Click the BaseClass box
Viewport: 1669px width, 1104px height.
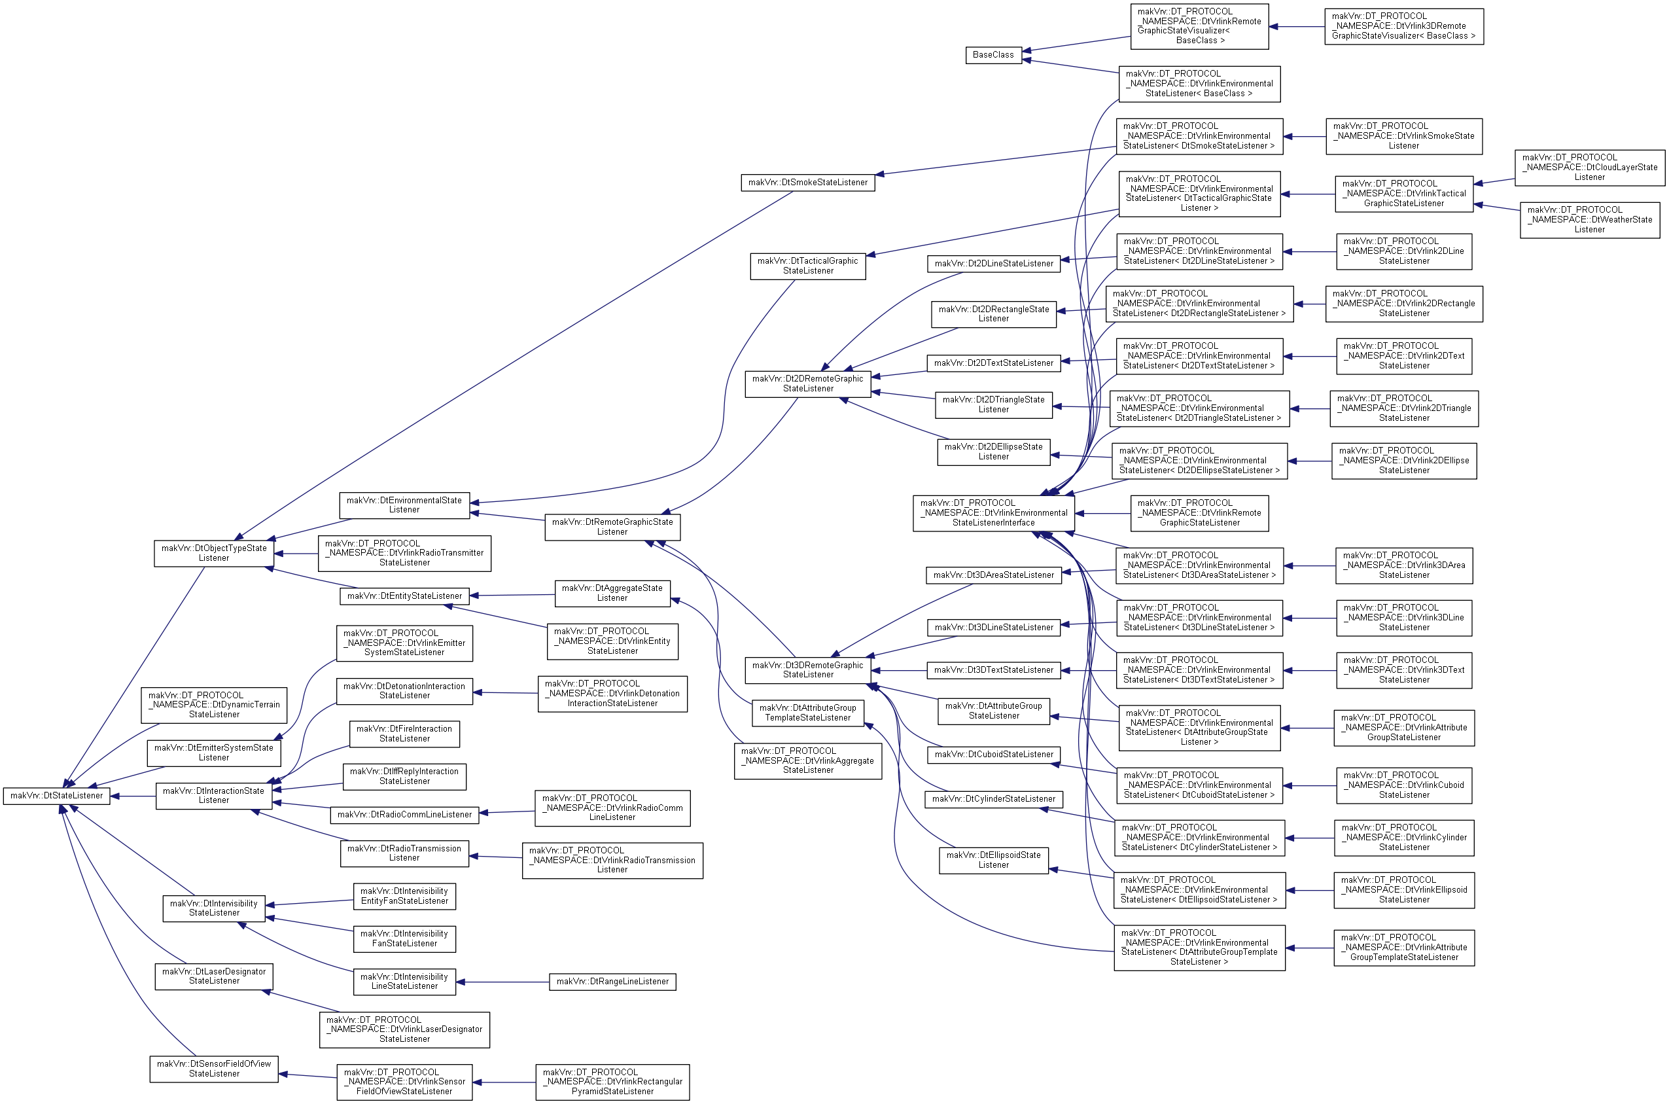[x=993, y=55]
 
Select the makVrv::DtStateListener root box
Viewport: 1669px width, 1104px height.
[x=56, y=796]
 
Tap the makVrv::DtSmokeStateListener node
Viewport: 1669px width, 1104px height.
[x=807, y=183]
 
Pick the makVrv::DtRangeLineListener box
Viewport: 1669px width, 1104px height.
[x=612, y=982]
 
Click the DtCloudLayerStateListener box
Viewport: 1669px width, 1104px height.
[x=1589, y=168]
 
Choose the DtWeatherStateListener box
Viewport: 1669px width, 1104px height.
[x=1589, y=220]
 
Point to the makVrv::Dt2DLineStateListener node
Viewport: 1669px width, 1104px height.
[x=993, y=263]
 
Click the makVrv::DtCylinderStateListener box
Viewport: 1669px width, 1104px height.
[x=993, y=799]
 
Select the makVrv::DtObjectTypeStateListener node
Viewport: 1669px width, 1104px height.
[x=214, y=554]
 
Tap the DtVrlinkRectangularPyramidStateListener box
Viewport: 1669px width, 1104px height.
[x=612, y=1082]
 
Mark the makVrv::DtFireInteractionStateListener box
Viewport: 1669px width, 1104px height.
[x=404, y=734]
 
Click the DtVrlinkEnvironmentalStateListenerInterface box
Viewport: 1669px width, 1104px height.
[x=993, y=513]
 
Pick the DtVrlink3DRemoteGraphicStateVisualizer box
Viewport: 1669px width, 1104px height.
[x=1403, y=27]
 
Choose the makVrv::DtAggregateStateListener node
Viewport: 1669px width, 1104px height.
[x=612, y=594]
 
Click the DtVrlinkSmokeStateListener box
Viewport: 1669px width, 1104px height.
[x=1403, y=137]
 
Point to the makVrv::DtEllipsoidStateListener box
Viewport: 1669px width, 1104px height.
[x=993, y=861]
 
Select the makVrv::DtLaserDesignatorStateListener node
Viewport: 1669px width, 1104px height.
[x=214, y=976]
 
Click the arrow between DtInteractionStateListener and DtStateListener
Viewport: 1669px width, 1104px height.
[x=133, y=796]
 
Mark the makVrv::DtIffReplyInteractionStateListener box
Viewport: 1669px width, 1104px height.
[x=404, y=777]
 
